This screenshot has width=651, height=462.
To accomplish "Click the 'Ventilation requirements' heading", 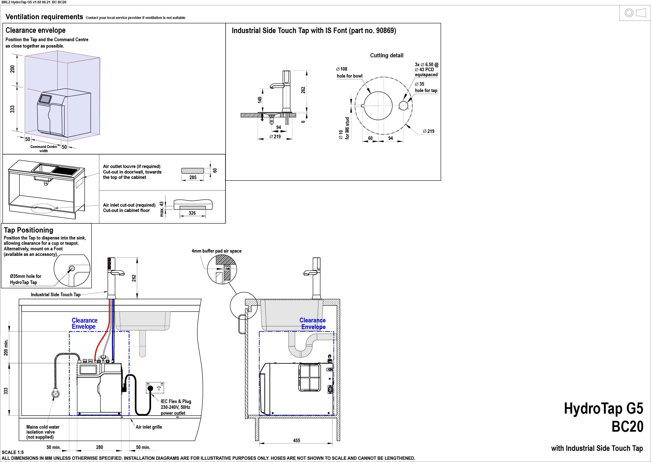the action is (x=45, y=17).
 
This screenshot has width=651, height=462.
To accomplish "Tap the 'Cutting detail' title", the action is (x=386, y=55).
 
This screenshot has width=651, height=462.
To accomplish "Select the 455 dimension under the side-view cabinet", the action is (x=297, y=440).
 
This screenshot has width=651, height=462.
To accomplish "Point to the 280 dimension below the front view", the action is (x=100, y=447).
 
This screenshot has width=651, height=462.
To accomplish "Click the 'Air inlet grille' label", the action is (x=149, y=427).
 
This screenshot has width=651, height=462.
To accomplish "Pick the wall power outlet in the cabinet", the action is (x=155, y=388).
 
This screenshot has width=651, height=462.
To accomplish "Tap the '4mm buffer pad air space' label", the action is (x=216, y=251).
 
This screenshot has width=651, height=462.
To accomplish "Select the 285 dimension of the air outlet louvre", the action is (x=193, y=177).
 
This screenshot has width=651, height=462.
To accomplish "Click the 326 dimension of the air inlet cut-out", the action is (x=192, y=213).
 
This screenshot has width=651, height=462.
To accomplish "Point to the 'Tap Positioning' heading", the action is (x=28, y=230).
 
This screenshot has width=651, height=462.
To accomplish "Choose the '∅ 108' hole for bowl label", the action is (x=341, y=69).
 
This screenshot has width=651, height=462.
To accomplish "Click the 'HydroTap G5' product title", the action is (x=603, y=408).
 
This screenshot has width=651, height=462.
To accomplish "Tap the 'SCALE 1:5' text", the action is (x=13, y=452).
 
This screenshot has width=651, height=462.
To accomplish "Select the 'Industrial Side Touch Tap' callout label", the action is (x=56, y=295).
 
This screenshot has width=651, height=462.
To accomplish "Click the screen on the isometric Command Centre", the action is (x=45, y=99).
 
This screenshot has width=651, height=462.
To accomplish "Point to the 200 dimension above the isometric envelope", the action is (x=13, y=69).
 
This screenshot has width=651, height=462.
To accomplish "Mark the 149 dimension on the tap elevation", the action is (x=260, y=100).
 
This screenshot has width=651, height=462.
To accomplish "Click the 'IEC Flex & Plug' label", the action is (x=176, y=401).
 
